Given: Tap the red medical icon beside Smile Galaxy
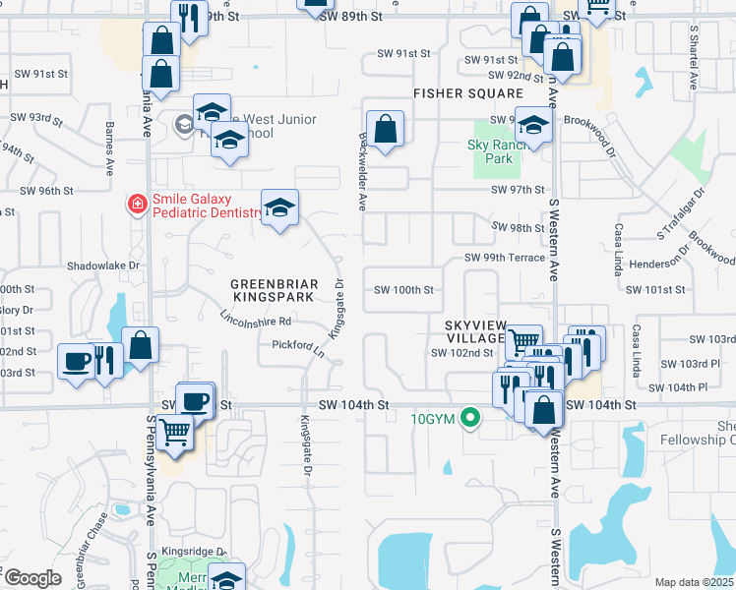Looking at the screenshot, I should tap(138, 205).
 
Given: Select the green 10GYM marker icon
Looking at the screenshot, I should tap(471, 418).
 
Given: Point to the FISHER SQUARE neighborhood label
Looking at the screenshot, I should tap(467, 93).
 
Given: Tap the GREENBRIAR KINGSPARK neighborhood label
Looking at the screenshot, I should tap(273, 290).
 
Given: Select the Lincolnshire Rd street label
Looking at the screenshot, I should tap(256, 321).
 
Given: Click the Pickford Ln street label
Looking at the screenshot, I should tap(299, 346).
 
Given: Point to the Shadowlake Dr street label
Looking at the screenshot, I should tap(103, 265).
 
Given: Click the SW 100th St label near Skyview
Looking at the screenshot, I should tap(403, 290).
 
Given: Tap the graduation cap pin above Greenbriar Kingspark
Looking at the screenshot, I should tap(279, 208).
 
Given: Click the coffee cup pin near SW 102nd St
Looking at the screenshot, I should tap(76, 361).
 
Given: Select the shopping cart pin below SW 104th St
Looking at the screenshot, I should tap(175, 431).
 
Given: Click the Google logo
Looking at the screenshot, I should tap(32, 578).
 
